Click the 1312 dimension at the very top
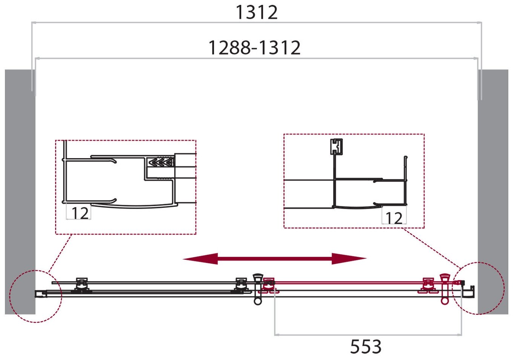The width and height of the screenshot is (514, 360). [x=256, y=12]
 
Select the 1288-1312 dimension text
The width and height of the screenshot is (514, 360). [x=254, y=48]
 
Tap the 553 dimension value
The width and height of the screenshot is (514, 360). [x=366, y=346]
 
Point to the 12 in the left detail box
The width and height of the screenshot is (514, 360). [x=80, y=213]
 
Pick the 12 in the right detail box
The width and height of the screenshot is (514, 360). [x=394, y=218]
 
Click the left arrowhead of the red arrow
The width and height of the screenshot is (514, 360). [x=200, y=259]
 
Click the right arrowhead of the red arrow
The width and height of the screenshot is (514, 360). [x=349, y=259]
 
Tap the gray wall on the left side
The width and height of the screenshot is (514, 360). [x=19, y=188]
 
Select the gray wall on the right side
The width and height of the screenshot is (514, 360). [x=494, y=188]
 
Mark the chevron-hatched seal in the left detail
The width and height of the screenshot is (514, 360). [x=161, y=162]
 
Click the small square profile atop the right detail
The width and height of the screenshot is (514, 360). [x=336, y=146]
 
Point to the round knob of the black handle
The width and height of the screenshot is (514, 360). [x=258, y=301]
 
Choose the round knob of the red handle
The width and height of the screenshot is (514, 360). [x=445, y=301]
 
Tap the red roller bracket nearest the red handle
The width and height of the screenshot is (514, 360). [x=428, y=285]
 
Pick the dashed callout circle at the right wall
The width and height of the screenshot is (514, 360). [x=479, y=288]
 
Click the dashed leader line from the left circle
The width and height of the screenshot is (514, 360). [x=60, y=252]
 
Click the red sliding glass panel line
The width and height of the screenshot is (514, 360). [x=347, y=282]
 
